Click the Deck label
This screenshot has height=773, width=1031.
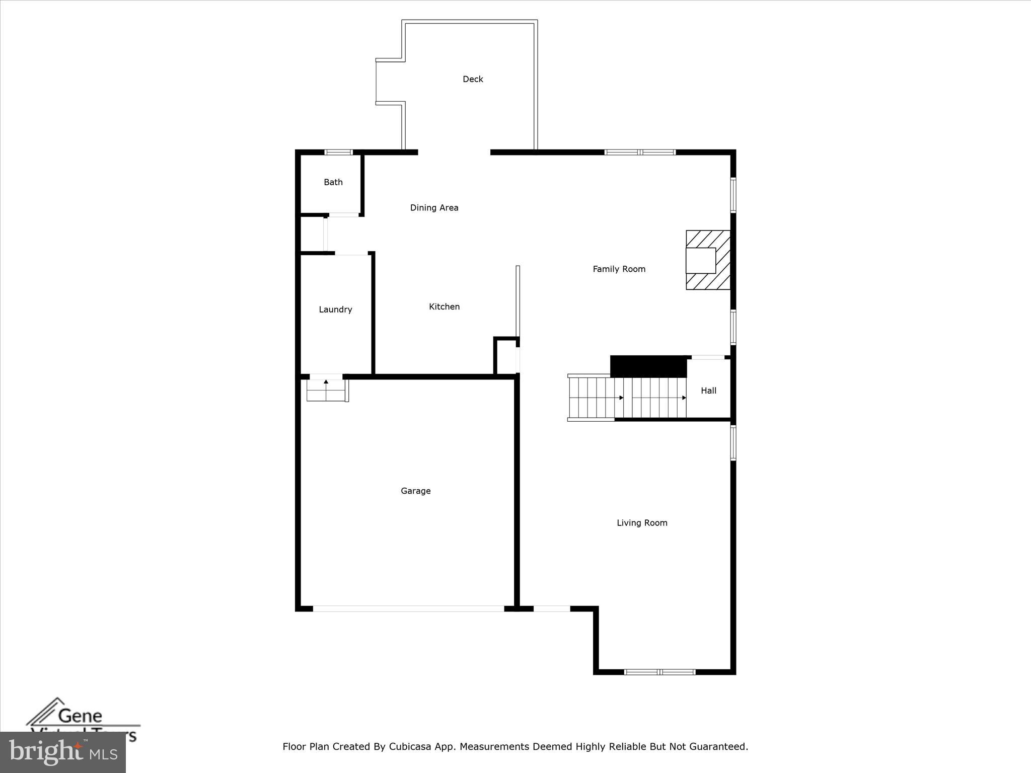(473, 79)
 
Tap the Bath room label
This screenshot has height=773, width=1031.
(333, 182)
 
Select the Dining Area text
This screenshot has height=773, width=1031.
(434, 208)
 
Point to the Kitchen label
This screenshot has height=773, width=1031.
(444, 306)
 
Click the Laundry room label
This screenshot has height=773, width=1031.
(335, 310)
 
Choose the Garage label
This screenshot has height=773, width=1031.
(415, 491)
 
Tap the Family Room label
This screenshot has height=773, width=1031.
(619, 269)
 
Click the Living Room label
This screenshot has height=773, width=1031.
(642, 523)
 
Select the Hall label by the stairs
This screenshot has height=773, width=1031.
(708, 391)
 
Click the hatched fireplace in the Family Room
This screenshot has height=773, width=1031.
(708, 260)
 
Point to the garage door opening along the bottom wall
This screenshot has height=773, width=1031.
(408, 608)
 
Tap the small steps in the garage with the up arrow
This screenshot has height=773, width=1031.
(327, 390)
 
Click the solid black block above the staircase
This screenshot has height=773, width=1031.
(648, 366)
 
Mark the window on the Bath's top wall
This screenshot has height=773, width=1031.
(338, 152)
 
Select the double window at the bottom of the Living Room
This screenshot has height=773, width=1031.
(659, 672)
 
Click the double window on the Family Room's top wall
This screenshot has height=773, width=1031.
(639, 152)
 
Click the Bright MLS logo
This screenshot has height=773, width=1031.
(63, 752)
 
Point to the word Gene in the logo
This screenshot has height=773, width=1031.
(80, 715)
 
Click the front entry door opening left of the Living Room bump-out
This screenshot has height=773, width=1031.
(551, 608)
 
